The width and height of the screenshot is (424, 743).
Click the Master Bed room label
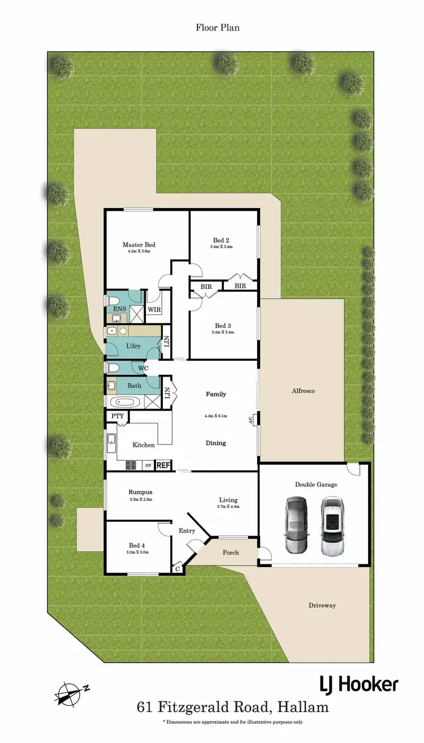pos(139,245)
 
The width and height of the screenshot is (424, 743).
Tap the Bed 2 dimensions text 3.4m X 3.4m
pos(221,247)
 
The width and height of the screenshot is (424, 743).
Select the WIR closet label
pos(154,309)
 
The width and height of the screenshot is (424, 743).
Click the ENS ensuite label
pos(119,309)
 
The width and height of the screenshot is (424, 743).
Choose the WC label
pos(144,368)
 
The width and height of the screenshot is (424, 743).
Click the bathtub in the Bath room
pos(124,403)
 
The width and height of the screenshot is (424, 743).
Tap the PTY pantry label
pos(117,416)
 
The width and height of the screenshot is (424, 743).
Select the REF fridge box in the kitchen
pos(163,465)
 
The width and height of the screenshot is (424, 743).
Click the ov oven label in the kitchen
pos(148,465)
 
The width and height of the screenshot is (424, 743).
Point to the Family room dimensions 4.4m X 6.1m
pos(215,416)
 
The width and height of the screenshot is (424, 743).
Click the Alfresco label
pos(302,391)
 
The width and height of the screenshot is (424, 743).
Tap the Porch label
pos(231,552)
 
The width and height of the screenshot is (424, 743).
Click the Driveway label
pos(322,605)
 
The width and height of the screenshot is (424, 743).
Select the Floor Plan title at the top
pos(218,27)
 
